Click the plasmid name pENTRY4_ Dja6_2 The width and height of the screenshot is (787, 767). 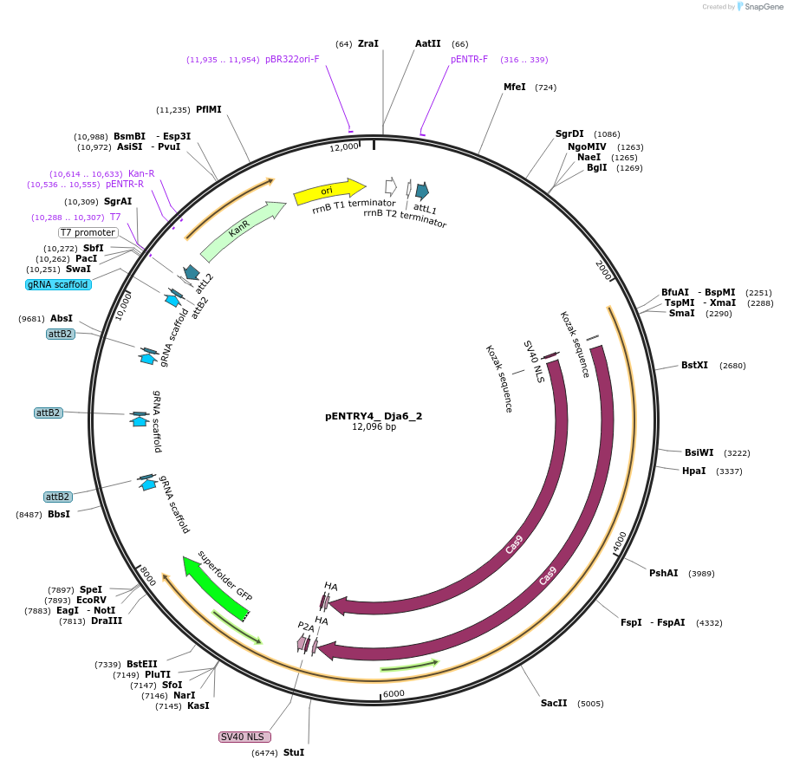pos(374,416)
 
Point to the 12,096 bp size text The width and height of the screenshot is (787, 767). pos(374,427)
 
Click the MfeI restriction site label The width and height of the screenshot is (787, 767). pos(515,88)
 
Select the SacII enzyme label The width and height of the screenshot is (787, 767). pos(554,703)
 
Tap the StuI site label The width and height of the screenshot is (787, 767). pos(294,752)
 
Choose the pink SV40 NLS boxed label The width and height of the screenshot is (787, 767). pos(244,737)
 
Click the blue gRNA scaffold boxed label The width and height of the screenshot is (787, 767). pos(58,284)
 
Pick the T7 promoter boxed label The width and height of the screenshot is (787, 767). pos(88,232)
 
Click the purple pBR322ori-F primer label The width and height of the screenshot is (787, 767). pos(292,60)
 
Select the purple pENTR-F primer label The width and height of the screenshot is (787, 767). pos(469,60)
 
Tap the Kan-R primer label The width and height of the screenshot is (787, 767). pos(141,173)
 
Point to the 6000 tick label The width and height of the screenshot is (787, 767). pos(393,693)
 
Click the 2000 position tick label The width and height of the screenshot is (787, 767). pos(604,270)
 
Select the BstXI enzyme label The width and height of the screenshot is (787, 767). pos(694,366)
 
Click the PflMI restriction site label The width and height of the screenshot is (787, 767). pos(208,110)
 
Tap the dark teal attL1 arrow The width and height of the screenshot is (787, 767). pos(422,192)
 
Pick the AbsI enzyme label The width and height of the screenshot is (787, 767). pos(62,319)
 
